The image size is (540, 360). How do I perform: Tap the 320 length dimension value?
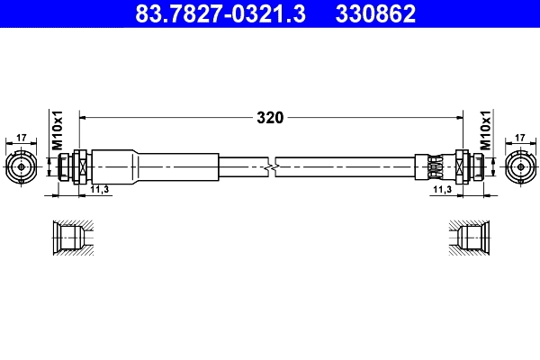pyautogui.click(x=270, y=117)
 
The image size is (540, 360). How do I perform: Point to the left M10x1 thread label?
pyautogui.click(x=57, y=130)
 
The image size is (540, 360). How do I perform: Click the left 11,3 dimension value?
pyautogui.click(x=101, y=191)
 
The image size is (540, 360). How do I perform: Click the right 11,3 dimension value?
pyautogui.click(x=441, y=191)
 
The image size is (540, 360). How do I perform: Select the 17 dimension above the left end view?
pyautogui.click(x=22, y=138)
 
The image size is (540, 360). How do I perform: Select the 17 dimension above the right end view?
pyautogui.click(x=519, y=138)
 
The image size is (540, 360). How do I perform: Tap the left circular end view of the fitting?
pyautogui.click(x=22, y=166)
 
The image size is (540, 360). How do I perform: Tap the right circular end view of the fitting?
pyautogui.click(x=519, y=166)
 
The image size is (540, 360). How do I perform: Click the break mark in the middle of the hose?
pyautogui.click(x=272, y=166)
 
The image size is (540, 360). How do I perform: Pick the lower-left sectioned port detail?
pyautogui.click(x=69, y=238)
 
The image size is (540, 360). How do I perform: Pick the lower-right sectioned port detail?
pyautogui.click(x=470, y=238)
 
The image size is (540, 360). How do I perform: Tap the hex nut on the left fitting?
pyautogui.click(x=79, y=166)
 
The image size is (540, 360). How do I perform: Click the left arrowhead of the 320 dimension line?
pyautogui.click(x=85, y=117)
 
